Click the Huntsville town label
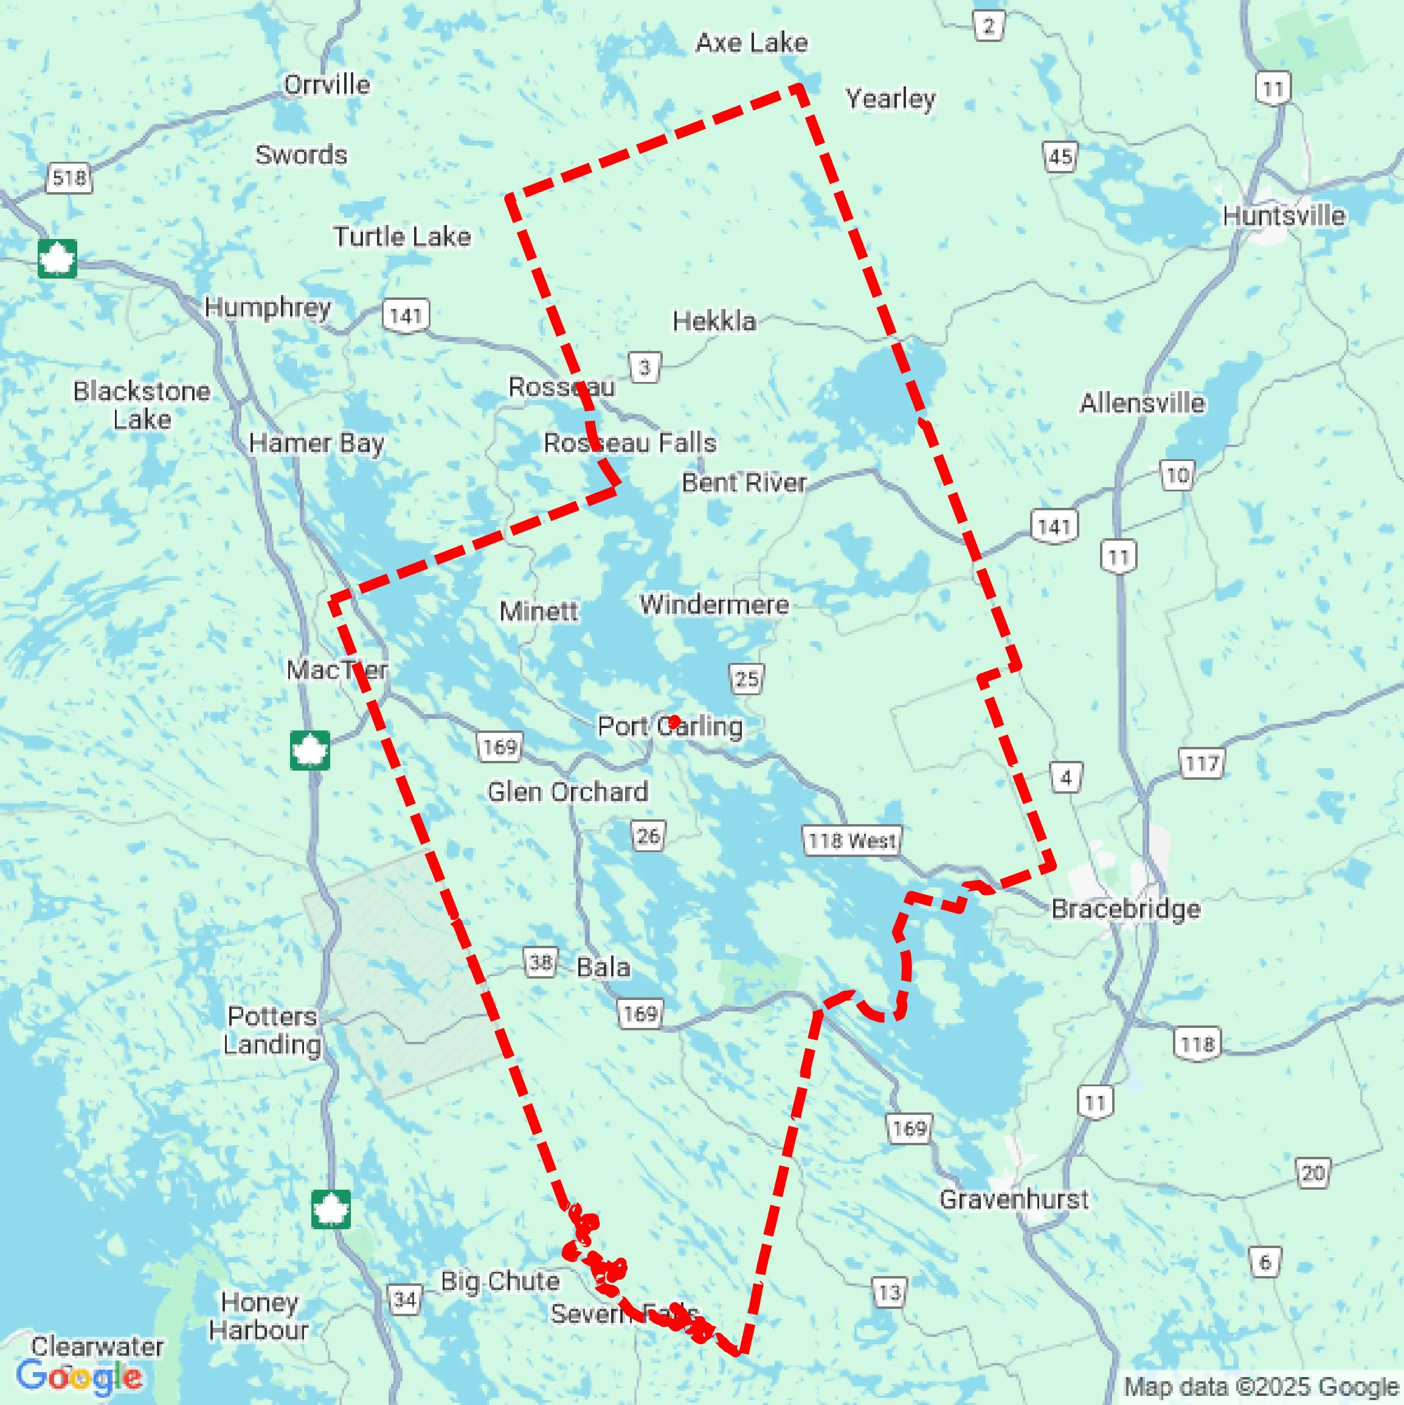pyautogui.click(x=1284, y=216)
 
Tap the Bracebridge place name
pyautogui.click(x=1126, y=909)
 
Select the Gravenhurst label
pyautogui.click(x=1014, y=1199)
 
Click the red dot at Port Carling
pyautogui.click(x=674, y=721)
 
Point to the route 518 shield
pyautogui.click(x=69, y=178)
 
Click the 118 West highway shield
pyautogui.click(x=852, y=841)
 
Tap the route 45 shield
pyautogui.click(x=1060, y=157)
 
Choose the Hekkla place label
pyautogui.click(x=714, y=321)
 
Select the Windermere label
pyautogui.click(x=714, y=605)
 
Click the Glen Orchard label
pyautogui.click(x=567, y=791)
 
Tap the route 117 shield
pyautogui.click(x=1201, y=763)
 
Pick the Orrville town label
pyautogui.click(x=327, y=85)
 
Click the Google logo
pyautogui.click(x=78, y=1376)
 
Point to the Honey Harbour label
pyautogui.click(x=259, y=1316)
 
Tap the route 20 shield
pyautogui.click(x=1312, y=1173)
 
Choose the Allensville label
pyautogui.click(x=1141, y=403)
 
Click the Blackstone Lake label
pyautogui.click(x=142, y=405)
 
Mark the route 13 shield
pyautogui.click(x=889, y=1293)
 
